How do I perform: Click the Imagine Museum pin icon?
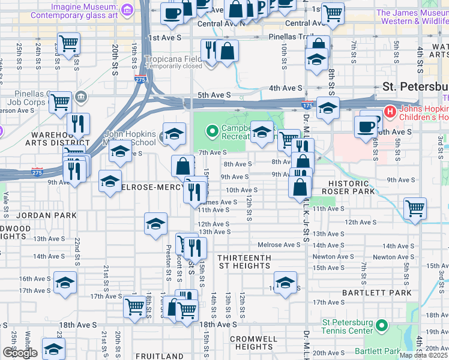(x=127, y=10)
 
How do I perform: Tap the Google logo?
(x=20, y=353)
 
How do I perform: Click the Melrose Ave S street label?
(x=279, y=245)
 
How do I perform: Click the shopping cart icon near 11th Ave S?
(x=415, y=209)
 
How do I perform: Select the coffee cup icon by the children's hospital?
(x=366, y=127)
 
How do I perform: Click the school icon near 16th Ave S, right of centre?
(x=285, y=281)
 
